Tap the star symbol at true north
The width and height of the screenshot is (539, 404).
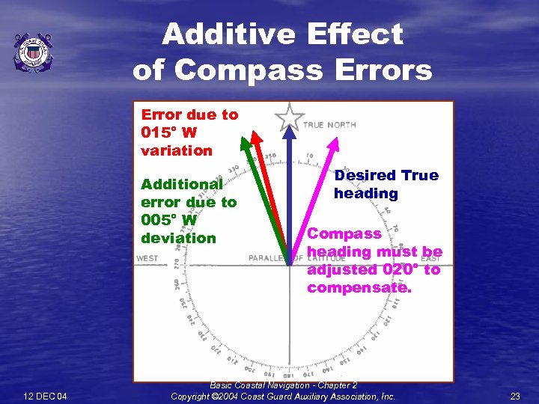(x=289, y=117)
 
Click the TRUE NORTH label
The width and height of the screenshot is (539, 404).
(x=329, y=125)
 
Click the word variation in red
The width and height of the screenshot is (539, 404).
(x=177, y=150)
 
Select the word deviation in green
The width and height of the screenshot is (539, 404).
(x=178, y=238)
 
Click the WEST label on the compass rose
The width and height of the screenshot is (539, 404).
(x=147, y=259)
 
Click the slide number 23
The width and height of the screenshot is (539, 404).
(x=514, y=396)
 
